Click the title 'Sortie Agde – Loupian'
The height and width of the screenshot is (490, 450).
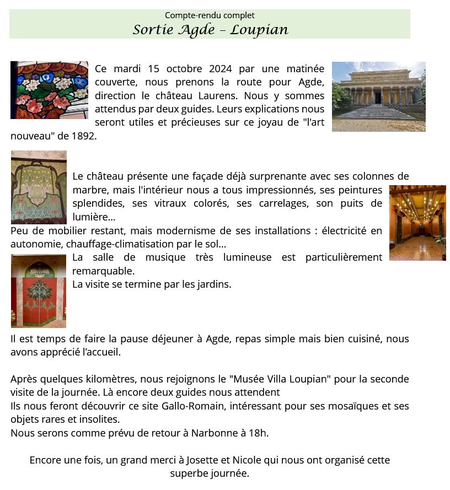[x=210, y=29]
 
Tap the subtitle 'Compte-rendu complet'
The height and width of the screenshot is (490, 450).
[x=210, y=15]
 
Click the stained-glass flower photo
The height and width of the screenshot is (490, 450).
[x=49, y=90]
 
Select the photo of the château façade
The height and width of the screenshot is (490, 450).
[x=378, y=96]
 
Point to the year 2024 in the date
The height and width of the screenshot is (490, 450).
[x=221, y=69]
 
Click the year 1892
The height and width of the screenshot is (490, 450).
[x=84, y=136]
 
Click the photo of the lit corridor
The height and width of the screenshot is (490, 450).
[x=417, y=223]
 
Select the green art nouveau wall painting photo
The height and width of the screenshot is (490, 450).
[x=39, y=187]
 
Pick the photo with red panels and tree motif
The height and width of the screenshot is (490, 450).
[x=39, y=291]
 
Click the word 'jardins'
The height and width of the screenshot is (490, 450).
[x=212, y=284]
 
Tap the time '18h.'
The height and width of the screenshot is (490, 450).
[x=258, y=433]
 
